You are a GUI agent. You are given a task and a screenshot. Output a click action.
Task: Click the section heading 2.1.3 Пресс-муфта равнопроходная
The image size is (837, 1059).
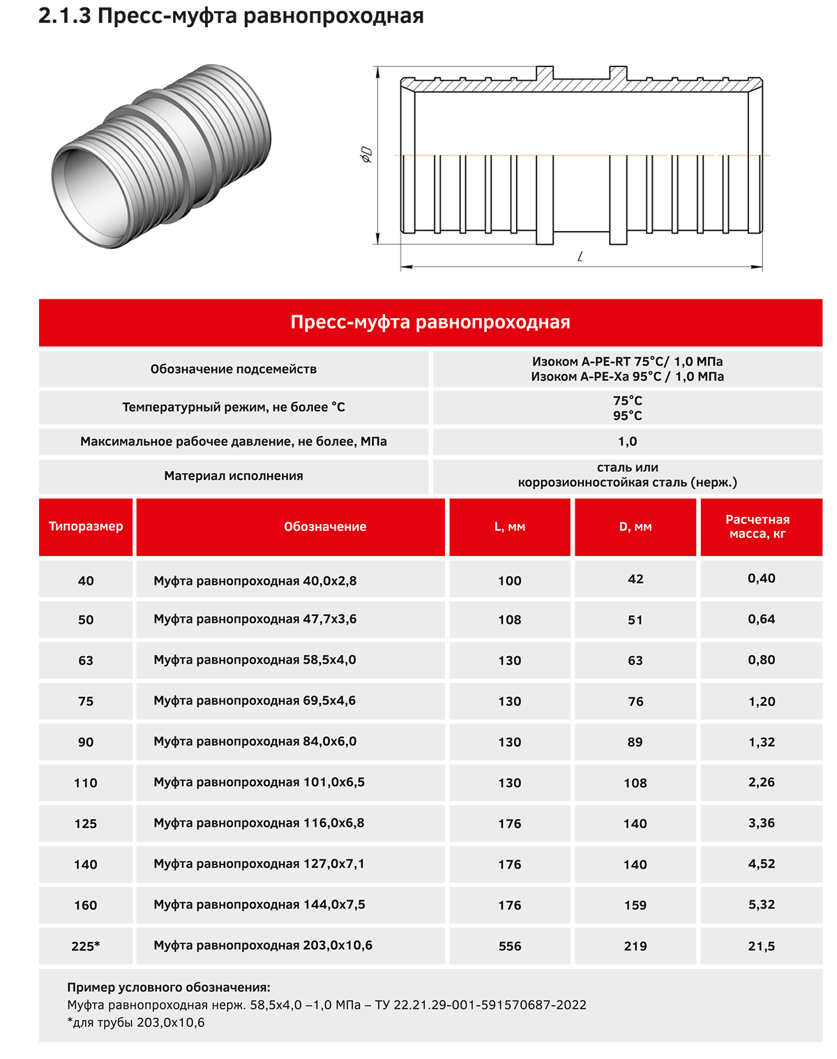tap(231, 16)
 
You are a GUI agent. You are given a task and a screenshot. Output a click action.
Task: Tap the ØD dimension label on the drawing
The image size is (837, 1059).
tap(367, 155)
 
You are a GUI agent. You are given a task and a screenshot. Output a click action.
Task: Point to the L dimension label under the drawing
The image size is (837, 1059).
tap(580, 257)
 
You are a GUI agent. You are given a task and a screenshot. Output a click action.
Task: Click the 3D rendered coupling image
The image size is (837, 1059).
tap(163, 155)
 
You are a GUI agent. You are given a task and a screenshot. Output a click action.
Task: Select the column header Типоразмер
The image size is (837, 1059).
tap(86, 527)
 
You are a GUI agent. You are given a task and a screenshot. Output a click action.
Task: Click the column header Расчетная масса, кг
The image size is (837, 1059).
tap(757, 527)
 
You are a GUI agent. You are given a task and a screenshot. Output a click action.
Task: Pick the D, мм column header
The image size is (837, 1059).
tap(635, 527)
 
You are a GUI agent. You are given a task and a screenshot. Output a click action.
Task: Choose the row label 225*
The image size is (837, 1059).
tap(86, 946)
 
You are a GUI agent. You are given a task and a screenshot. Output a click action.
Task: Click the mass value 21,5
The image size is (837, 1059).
tap(761, 946)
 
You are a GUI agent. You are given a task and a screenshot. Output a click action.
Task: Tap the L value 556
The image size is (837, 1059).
tap(510, 946)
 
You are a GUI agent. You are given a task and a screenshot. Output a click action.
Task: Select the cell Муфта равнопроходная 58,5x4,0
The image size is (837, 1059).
tap(255, 660)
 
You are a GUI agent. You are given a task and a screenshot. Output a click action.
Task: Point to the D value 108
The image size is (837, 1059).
tap(635, 783)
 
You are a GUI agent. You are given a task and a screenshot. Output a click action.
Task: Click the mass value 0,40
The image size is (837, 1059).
tap(761, 578)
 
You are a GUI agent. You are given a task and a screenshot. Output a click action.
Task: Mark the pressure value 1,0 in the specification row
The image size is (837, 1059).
tap(627, 442)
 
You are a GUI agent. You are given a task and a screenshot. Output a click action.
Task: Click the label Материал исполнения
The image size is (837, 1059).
tap(234, 476)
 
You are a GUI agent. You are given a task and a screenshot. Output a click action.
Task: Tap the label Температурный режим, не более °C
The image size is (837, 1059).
tap(234, 407)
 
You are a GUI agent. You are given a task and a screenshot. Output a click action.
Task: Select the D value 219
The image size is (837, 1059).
tap(635, 946)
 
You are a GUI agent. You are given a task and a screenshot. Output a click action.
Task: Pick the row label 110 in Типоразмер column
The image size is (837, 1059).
tap(86, 783)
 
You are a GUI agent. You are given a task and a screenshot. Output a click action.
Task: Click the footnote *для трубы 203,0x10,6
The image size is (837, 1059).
tap(136, 1023)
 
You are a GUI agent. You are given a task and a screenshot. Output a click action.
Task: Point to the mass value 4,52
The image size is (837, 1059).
tap(761, 864)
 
